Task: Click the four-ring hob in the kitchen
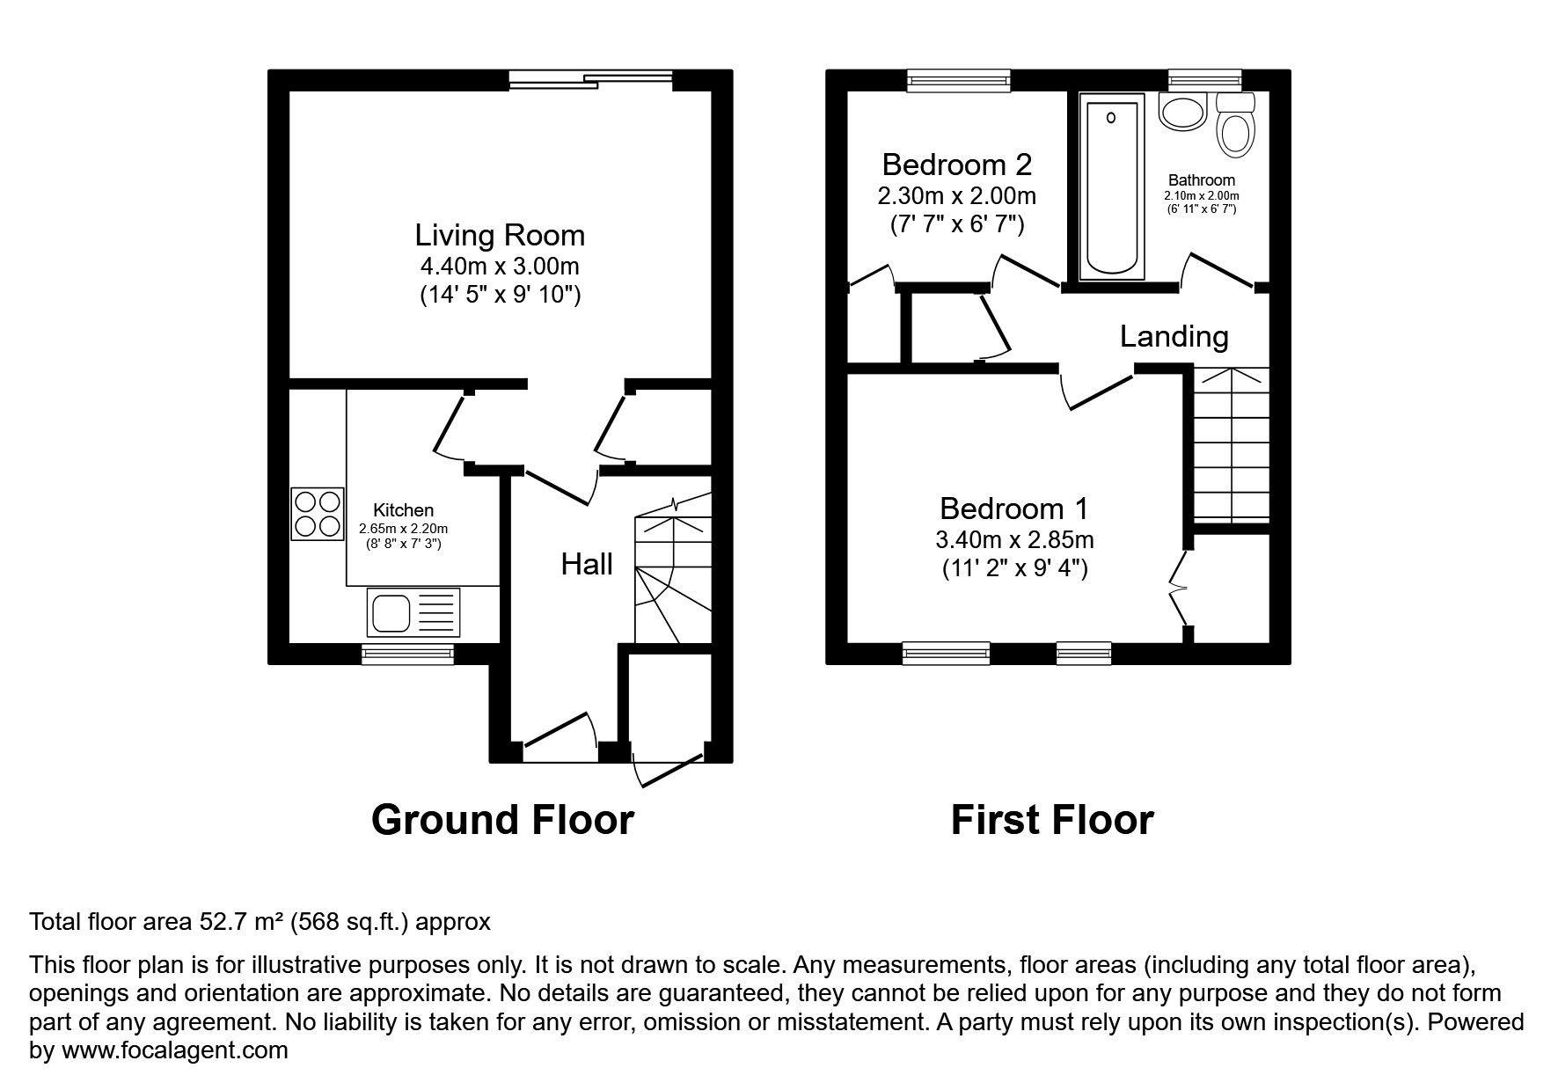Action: pos(317,514)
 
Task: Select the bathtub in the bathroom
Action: pos(1112,187)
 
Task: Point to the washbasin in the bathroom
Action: pos(1182,112)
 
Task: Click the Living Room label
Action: pos(500,235)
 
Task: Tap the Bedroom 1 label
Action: pos(1013,508)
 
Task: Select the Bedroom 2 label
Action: pos(956,165)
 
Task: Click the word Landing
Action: pos(1174,336)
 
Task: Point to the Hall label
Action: pos(587,565)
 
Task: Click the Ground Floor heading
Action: pos(502,819)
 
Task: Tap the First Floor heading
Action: pos(1051,819)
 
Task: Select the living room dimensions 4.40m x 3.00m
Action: pos(500,266)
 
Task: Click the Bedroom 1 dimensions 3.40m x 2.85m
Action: pos(1014,539)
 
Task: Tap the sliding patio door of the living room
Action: pos(590,80)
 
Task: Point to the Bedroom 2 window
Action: pos(958,81)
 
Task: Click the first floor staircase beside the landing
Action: pos(1231,444)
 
